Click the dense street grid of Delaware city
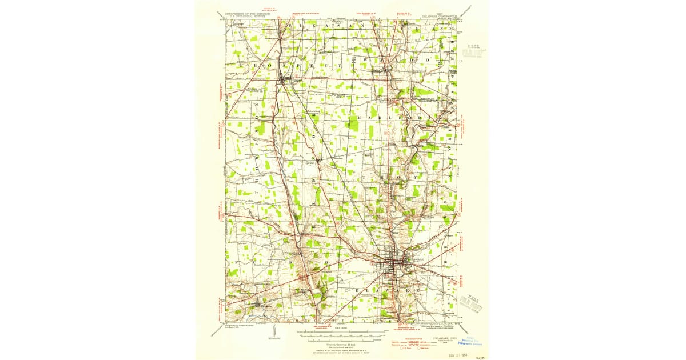(393, 262)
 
